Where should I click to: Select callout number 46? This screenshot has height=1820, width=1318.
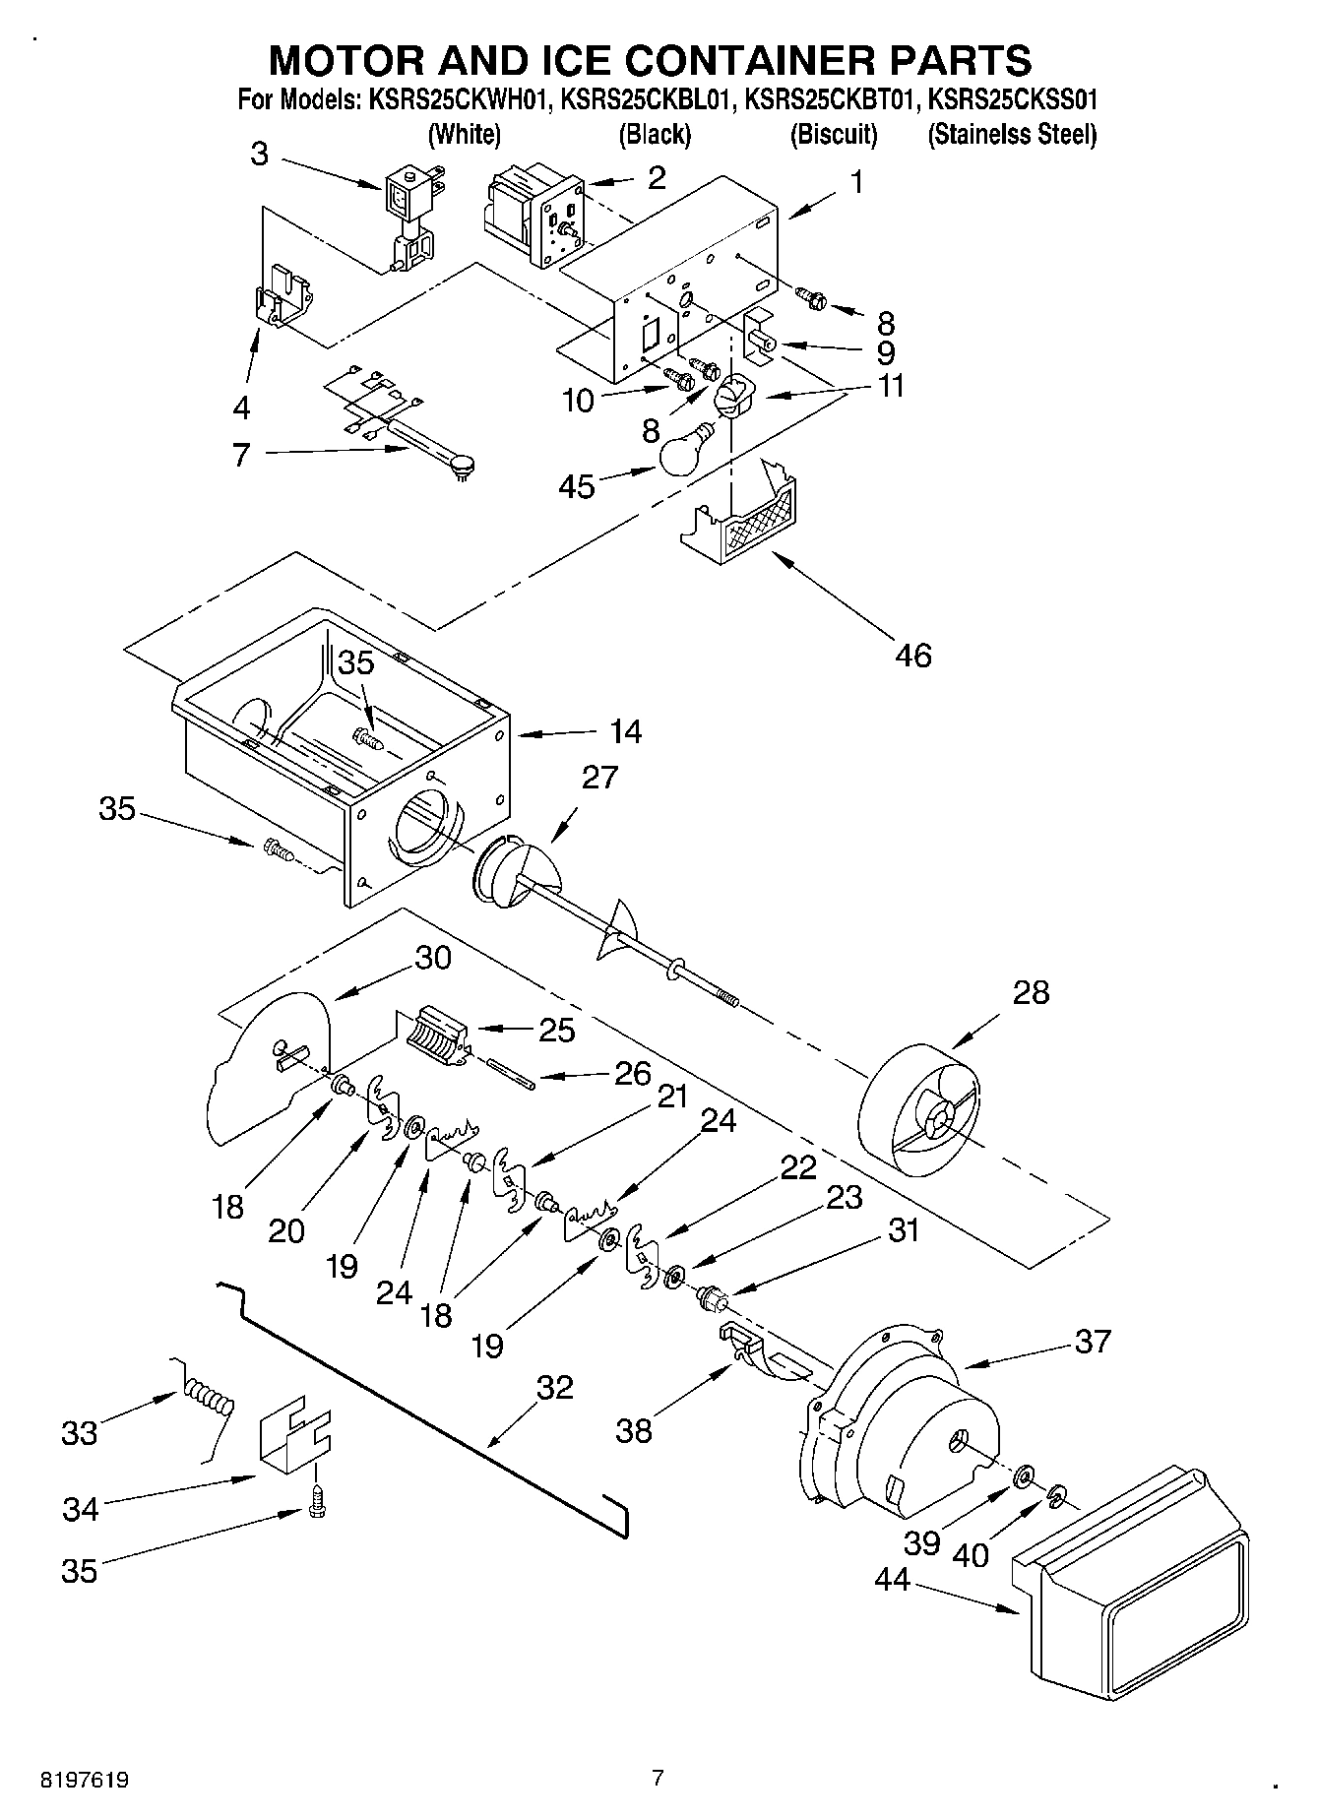pyautogui.click(x=913, y=655)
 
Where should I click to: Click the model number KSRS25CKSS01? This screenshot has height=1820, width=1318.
pyautogui.click(x=1013, y=100)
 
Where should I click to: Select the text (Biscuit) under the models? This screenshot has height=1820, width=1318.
pyautogui.click(x=833, y=134)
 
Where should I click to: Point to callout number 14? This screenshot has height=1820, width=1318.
pyautogui.click(x=625, y=731)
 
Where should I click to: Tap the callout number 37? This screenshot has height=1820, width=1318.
pyautogui.click(x=1093, y=1341)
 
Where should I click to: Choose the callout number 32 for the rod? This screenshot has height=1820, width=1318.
pyautogui.click(x=554, y=1387)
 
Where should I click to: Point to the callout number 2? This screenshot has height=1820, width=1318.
pyautogui.click(x=656, y=177)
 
